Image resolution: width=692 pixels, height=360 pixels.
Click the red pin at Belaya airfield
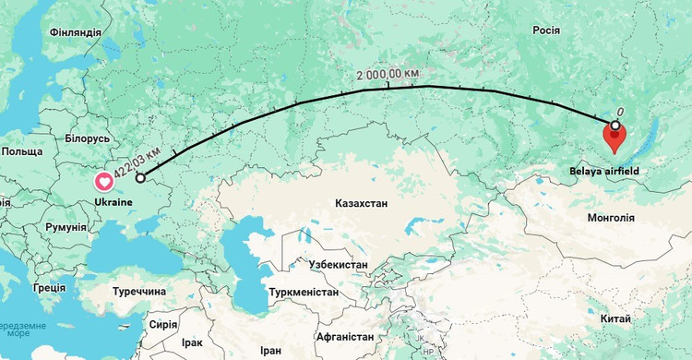(x=614, y=139)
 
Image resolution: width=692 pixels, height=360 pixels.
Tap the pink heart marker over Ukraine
(x=103, y=181)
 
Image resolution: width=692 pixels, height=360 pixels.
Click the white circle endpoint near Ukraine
(x=140, y=178)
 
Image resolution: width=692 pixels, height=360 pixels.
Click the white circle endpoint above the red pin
(x=614, y=123)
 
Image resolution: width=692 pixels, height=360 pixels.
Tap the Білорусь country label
(x=88, y=138)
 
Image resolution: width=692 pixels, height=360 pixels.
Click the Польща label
(x=22, y=150)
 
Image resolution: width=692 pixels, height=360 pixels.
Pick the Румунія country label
(x=66, y=226)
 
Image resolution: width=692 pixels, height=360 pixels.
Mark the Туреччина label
(x=138, y=291)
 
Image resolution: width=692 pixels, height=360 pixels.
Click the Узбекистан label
(x=338, y=265)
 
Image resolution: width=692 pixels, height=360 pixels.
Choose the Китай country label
(x=615, y=318)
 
